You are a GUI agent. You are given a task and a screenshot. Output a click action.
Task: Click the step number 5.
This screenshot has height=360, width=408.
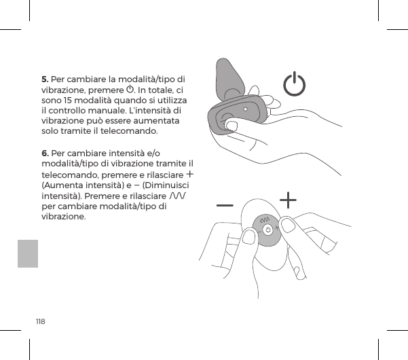[x=45, y=79]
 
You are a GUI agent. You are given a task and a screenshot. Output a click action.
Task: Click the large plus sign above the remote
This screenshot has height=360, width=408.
[x=289, y=200]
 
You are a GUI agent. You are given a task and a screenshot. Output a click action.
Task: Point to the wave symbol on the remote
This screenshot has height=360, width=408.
[x=265, y=219]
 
